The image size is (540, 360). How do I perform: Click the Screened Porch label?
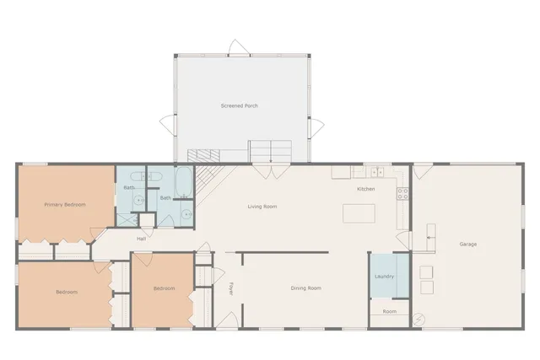click(x=240, y=105)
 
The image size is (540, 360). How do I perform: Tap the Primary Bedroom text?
click(x=65, y=204)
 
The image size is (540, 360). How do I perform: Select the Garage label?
click(x=467, y=244)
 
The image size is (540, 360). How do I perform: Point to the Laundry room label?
click(x=385, y=275)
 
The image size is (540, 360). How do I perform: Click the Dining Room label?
click(x=305, y=288)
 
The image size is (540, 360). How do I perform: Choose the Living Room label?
click(x=262, y=207)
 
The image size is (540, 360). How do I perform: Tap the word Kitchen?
click(x=365, y=189)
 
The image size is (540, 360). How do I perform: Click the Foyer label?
click(x=230, y=288)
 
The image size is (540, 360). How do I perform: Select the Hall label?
click(x=142, y=239)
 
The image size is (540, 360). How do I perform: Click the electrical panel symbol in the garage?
click(x=419, y=320)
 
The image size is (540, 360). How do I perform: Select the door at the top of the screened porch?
click(x=240, y=47)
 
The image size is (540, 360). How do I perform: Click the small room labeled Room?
click(x=389, y=311)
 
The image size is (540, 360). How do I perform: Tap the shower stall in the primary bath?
click(x=126, y=218)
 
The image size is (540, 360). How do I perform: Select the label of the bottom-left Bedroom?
click(x=67, y=292)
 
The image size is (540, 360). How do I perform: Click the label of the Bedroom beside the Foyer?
click(x=164, y=288)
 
